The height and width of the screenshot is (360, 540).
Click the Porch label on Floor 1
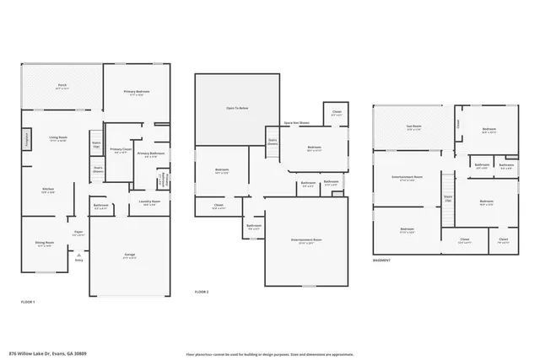tap(62, 87)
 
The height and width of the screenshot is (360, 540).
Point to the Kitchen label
tap(49, 191)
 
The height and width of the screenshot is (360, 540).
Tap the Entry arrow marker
tap(79, 261)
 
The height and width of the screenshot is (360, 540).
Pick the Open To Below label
tap(237, 109)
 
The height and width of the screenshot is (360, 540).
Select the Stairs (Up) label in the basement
tap(448, 199)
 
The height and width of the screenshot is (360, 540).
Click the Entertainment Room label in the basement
tap(408, 178)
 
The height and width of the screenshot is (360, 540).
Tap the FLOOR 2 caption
tap(202, 292)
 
